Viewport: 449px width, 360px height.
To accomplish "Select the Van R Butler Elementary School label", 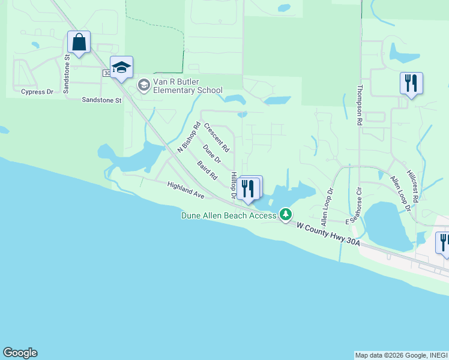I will click(x=181, y=86).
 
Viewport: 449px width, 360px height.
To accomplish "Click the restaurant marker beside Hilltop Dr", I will click(x=249, y=188).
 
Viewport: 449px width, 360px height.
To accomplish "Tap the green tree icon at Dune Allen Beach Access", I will click(x=286, y=214).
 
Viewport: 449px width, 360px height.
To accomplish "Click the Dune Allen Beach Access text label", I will click(x=229, y=215).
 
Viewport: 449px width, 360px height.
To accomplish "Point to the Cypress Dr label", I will click(x=37, y=92).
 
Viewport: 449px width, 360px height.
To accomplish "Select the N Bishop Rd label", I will click(x=187, y=137).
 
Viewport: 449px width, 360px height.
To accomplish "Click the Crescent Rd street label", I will click(x=217, y=137).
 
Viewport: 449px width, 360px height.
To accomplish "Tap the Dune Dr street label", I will click(x=212, y=154).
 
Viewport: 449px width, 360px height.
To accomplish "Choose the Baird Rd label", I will click(x=207, y=171).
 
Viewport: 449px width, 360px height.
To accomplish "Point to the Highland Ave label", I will click(x=186, y=190).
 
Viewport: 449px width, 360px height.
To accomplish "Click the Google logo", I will click(x=20, y=353).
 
